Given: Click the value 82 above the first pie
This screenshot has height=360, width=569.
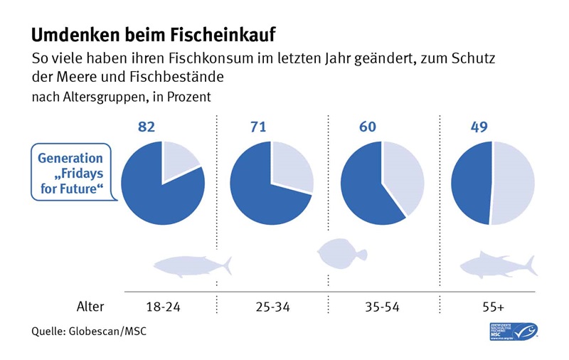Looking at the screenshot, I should pos(146,127).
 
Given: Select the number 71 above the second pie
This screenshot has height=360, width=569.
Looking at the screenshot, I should pos(257,127).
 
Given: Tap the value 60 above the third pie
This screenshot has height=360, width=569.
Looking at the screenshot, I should pos(367,127).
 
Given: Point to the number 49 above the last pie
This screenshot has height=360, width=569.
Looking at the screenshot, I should pos(479,127).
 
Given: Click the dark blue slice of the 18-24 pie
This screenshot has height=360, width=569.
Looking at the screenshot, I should pos(153,196).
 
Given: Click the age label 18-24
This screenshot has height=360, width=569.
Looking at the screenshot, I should pos(162,307).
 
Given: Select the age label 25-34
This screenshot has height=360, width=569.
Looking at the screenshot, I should pos(271,307).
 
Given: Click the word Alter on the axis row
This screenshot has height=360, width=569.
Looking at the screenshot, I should pos(90,307).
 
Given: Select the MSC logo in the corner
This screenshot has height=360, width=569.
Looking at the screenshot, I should pos(514,331).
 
